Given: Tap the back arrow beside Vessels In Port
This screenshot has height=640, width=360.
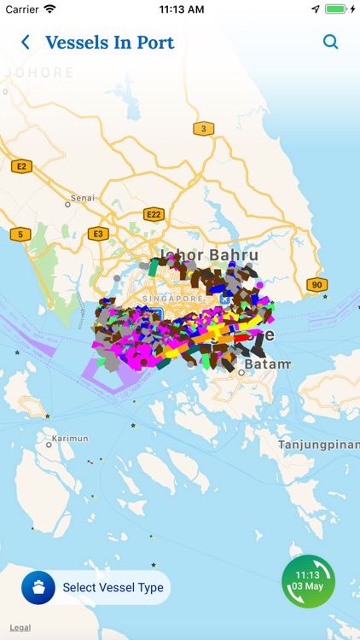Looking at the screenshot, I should (x=26, y=42).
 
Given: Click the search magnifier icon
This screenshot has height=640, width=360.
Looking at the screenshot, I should (x=330, y=42).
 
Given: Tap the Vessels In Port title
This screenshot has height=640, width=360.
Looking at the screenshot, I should (x=109, y=42).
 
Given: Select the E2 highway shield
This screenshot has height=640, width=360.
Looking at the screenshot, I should (x=21, y=166).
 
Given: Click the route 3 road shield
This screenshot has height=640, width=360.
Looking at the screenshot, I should (x=203, y=129).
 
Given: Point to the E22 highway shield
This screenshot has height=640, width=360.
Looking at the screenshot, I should (x=154, y=214).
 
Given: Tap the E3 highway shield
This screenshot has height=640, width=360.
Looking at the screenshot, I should (x=98, y=234).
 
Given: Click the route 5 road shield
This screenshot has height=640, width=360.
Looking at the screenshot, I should (x=20, y=234).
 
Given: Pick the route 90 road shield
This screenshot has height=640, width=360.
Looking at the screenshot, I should (x=316, y=285).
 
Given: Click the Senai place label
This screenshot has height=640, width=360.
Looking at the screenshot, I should (x=83, y=198).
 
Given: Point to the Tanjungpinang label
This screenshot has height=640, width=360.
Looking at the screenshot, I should (x=317, y=445).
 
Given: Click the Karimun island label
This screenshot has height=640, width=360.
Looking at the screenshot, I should (x=70, y=439).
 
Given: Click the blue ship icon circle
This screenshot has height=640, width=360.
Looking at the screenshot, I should (x=38, y=588).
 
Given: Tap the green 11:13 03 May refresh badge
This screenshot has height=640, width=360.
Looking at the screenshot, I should (x=308, y=581).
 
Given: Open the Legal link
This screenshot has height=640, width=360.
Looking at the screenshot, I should (x=20, y=627).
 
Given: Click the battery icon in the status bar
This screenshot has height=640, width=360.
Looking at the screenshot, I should (x=335, y=9).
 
